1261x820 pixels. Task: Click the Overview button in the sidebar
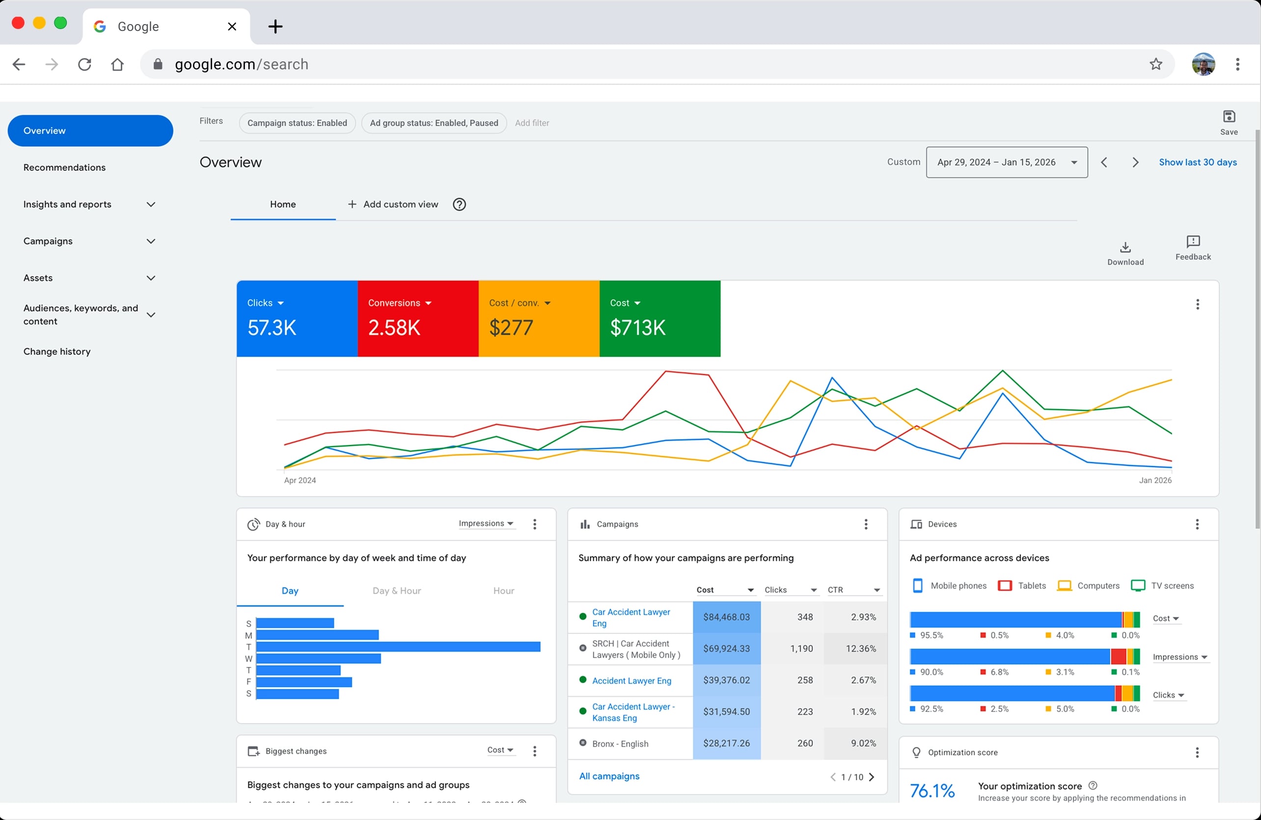pos(90,130)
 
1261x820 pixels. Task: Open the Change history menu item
pos(56,351)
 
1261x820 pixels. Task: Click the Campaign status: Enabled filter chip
pos(297,123)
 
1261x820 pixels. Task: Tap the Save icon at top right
pos(1229,116)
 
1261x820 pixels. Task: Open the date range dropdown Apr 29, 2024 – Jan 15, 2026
pos(1007,162)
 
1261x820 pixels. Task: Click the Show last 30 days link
pos(1198,162)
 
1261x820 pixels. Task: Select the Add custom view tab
pos(393,204)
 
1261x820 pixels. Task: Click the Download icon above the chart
pos(1125,247)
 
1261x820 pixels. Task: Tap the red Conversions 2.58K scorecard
pos(418,318)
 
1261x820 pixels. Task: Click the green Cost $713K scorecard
pos(659,318)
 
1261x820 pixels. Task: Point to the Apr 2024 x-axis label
pos(300,480)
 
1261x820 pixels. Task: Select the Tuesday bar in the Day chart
pos(398,647)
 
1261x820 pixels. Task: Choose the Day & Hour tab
pos(396,591)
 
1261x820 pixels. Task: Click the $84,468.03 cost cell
pos(726,617)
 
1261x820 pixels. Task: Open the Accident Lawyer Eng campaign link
pos(631,681)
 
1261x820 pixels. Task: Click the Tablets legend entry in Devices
pos(1022,586)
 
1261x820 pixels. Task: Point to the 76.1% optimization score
pos(932,791)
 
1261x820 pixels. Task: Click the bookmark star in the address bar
pos(1155,64)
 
